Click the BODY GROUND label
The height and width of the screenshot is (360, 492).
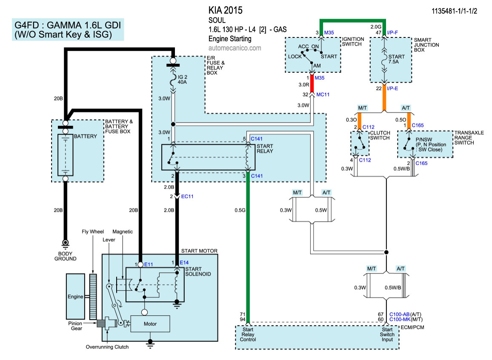click(65, 256)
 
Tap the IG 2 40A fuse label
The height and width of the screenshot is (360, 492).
click(182, 79)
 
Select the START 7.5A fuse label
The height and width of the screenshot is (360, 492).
click(396, 59)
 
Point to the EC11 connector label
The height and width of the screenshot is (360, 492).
click(187, 196)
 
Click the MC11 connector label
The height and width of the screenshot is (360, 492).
click(323, 94)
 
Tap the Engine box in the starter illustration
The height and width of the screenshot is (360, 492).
click(75, 296)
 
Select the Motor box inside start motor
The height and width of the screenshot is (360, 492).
click(150, 324)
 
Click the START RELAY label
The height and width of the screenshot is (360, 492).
click(265, 149)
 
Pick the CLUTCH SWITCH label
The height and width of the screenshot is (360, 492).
click(380, 135)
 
